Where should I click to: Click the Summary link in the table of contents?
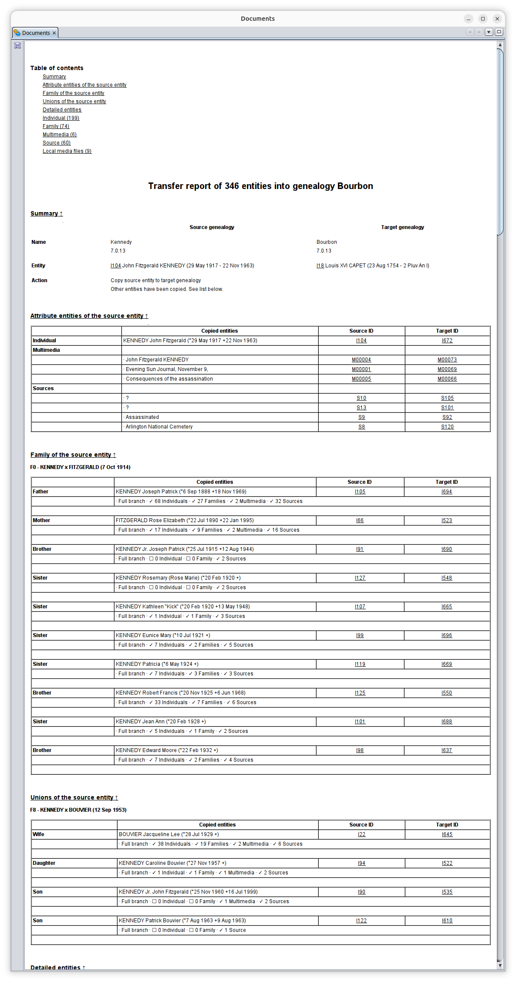(54, 77)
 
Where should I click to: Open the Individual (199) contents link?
(61, 118)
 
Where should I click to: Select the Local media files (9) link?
(67, 151)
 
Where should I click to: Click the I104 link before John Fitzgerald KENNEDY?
(115, 266)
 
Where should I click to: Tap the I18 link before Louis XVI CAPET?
(320, 266)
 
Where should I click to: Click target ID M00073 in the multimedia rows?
(447, 360)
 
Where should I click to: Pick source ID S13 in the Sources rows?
(361, 408)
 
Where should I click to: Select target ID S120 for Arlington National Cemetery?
(447, 427)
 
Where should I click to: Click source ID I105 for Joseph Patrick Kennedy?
(360, 492)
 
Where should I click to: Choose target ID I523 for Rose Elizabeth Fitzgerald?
(447, 520)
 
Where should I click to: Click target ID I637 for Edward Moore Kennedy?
(447, 750)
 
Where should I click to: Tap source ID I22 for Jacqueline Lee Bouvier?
(361, 834)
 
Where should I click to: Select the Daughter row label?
(44, 863)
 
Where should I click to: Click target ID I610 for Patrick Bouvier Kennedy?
(447, 921)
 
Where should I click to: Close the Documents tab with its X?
(54, 33)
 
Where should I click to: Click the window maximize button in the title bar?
(482, 19)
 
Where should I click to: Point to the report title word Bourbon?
(355, 186)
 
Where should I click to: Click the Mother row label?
(41, 520)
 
